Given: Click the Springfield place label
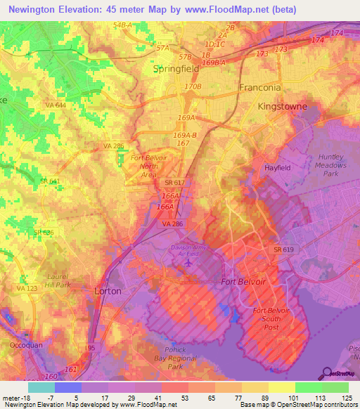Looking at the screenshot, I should click(x=176, y=70).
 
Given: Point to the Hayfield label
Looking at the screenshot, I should click(x=278, y=168).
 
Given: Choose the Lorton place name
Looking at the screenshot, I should click(x=108, y=290).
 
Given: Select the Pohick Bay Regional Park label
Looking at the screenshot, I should click(x=166, y=363).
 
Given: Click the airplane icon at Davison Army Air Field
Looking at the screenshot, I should click(x=188, y=263).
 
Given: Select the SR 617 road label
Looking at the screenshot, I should click(x=165, y=183).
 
